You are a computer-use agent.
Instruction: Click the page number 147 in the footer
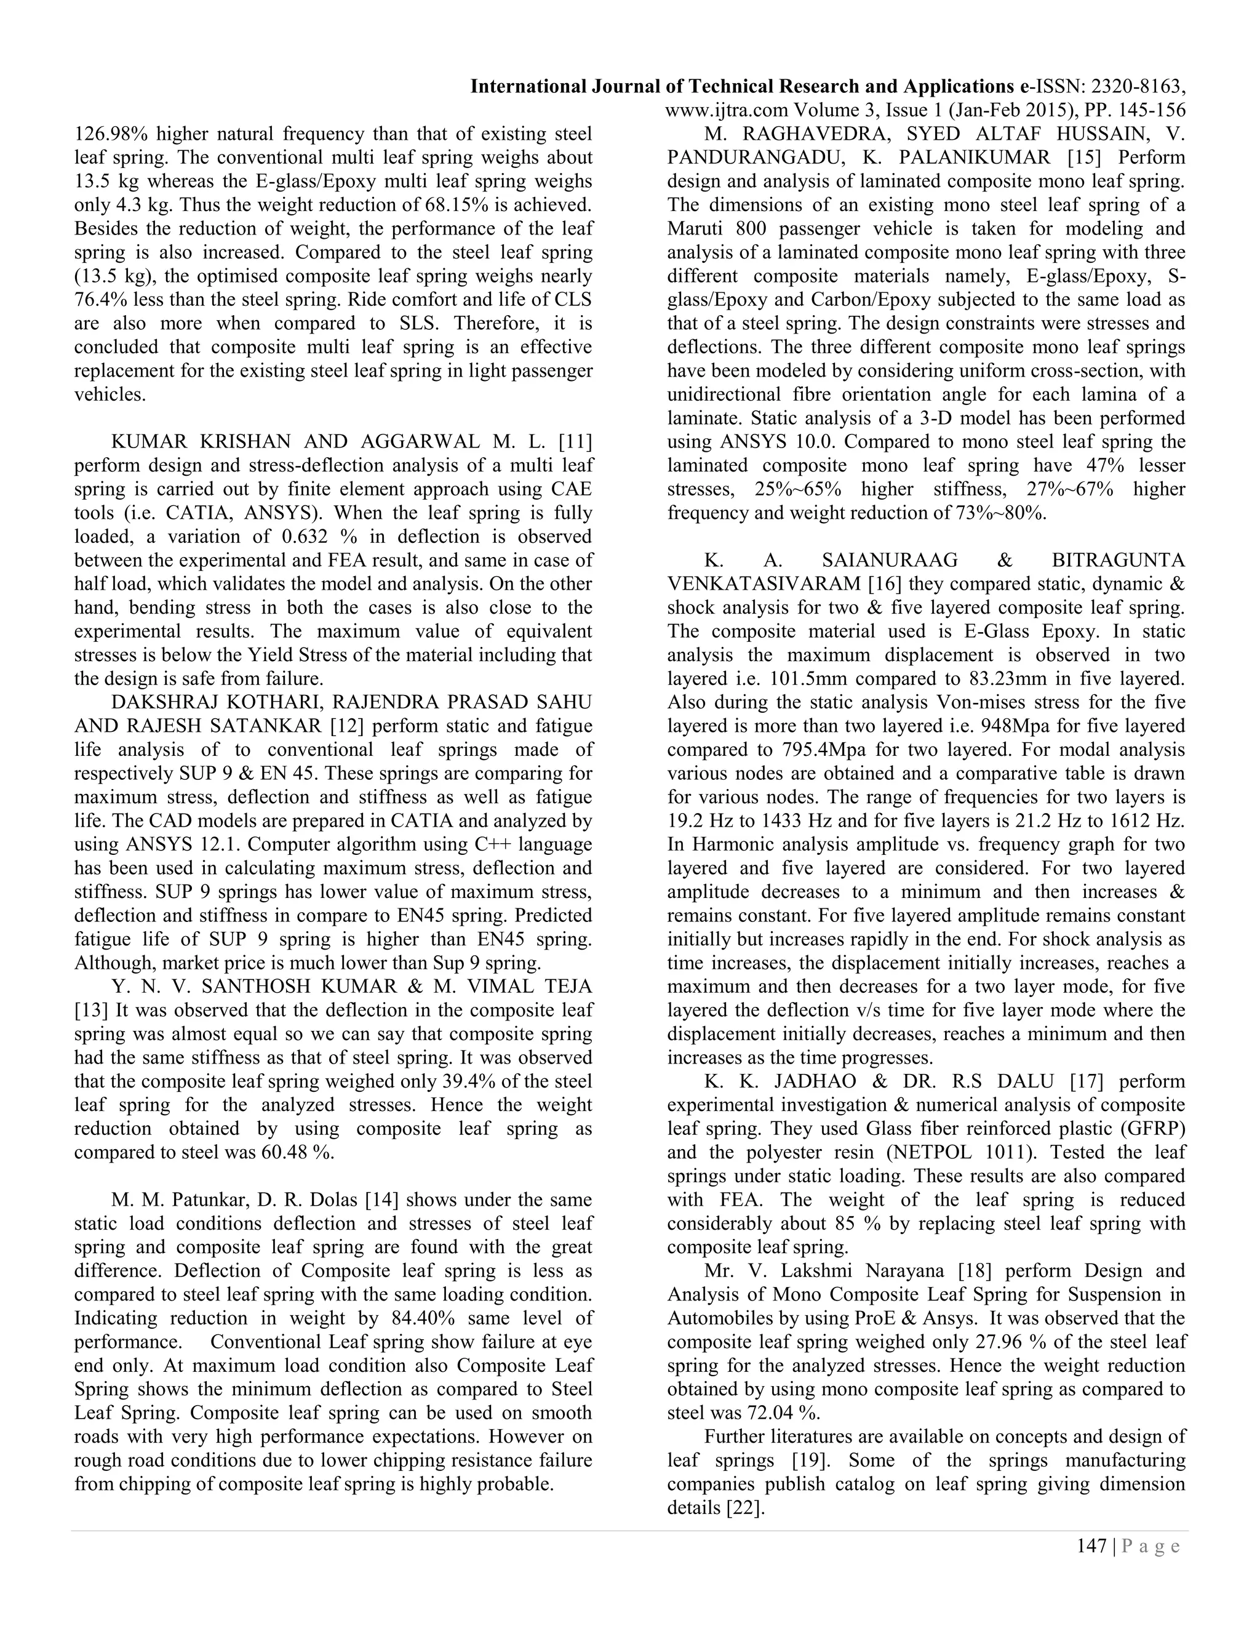(1091, 1546)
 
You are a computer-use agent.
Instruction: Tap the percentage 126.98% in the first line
(110, 134)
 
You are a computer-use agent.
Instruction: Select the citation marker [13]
(90, 1011)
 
